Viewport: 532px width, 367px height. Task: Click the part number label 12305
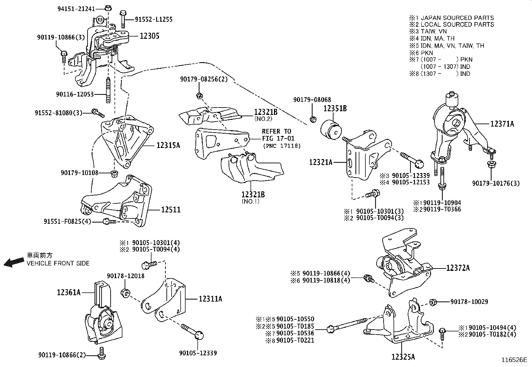coord(149,36)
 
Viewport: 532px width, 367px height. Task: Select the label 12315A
coord(168,145)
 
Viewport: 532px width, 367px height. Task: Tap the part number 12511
coord(170,210)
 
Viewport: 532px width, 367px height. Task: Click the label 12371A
coord(502,124)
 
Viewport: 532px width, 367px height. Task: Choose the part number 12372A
coord(457,268)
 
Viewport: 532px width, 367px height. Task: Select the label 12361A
coord(69,293)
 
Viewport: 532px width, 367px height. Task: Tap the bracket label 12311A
coord(210,299)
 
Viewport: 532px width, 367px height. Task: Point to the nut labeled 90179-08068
coord(313,119)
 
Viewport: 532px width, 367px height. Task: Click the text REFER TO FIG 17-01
coord(276,135)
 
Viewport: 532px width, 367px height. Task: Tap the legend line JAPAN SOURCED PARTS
coord(457,18)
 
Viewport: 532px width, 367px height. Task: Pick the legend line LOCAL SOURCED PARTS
coord(457,24)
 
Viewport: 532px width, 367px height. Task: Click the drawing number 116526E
coord(514,360)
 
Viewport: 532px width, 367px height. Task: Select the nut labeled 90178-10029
coord(432,302)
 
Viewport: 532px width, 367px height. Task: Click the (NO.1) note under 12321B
coord(250,201)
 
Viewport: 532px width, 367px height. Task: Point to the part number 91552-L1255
coord(154,20)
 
